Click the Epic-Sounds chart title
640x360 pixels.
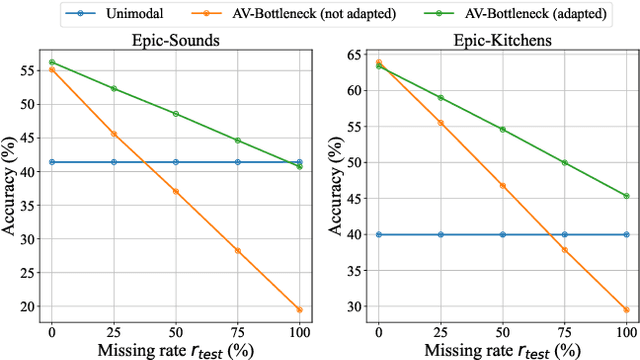pyautogui.click(x=175, y=42)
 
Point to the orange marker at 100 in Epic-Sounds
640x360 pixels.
pyautogui.click(x=299, y=310)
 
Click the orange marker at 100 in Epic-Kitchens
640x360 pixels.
pyautogui.click(x=626, y=310)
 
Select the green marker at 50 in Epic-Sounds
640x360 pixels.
pyautogui.click(x=175, y=113)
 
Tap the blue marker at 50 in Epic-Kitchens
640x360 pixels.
pyautogui.click(x=502, y=234)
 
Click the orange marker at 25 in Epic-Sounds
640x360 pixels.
pyautogui.click(x=113, y=134)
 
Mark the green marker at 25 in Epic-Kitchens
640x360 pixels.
pyautogui.click(x=440, y=98)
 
